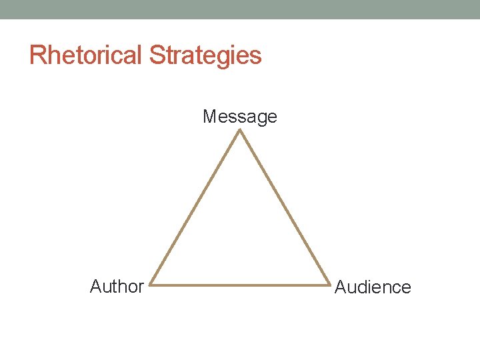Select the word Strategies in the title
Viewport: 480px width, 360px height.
pyautogui.click(x=205, y=55)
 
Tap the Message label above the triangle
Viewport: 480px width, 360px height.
pyautogui.click(x=240, y=117)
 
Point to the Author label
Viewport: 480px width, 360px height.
pyautogui.click(x=117, y=287)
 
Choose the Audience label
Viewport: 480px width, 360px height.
pyautogui.click(x=373, y=287)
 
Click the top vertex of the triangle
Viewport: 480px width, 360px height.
pyautogui.click(x=240, y=131)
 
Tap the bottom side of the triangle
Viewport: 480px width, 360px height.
pyautogui.click(x=240, y=286)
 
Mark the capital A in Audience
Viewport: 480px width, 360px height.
pyautogui.click(x=340, y=287)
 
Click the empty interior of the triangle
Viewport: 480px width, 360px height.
pyautogui.click(x=240, y=233)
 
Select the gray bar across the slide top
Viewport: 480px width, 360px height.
pyautogui.click(x=240, y=9)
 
